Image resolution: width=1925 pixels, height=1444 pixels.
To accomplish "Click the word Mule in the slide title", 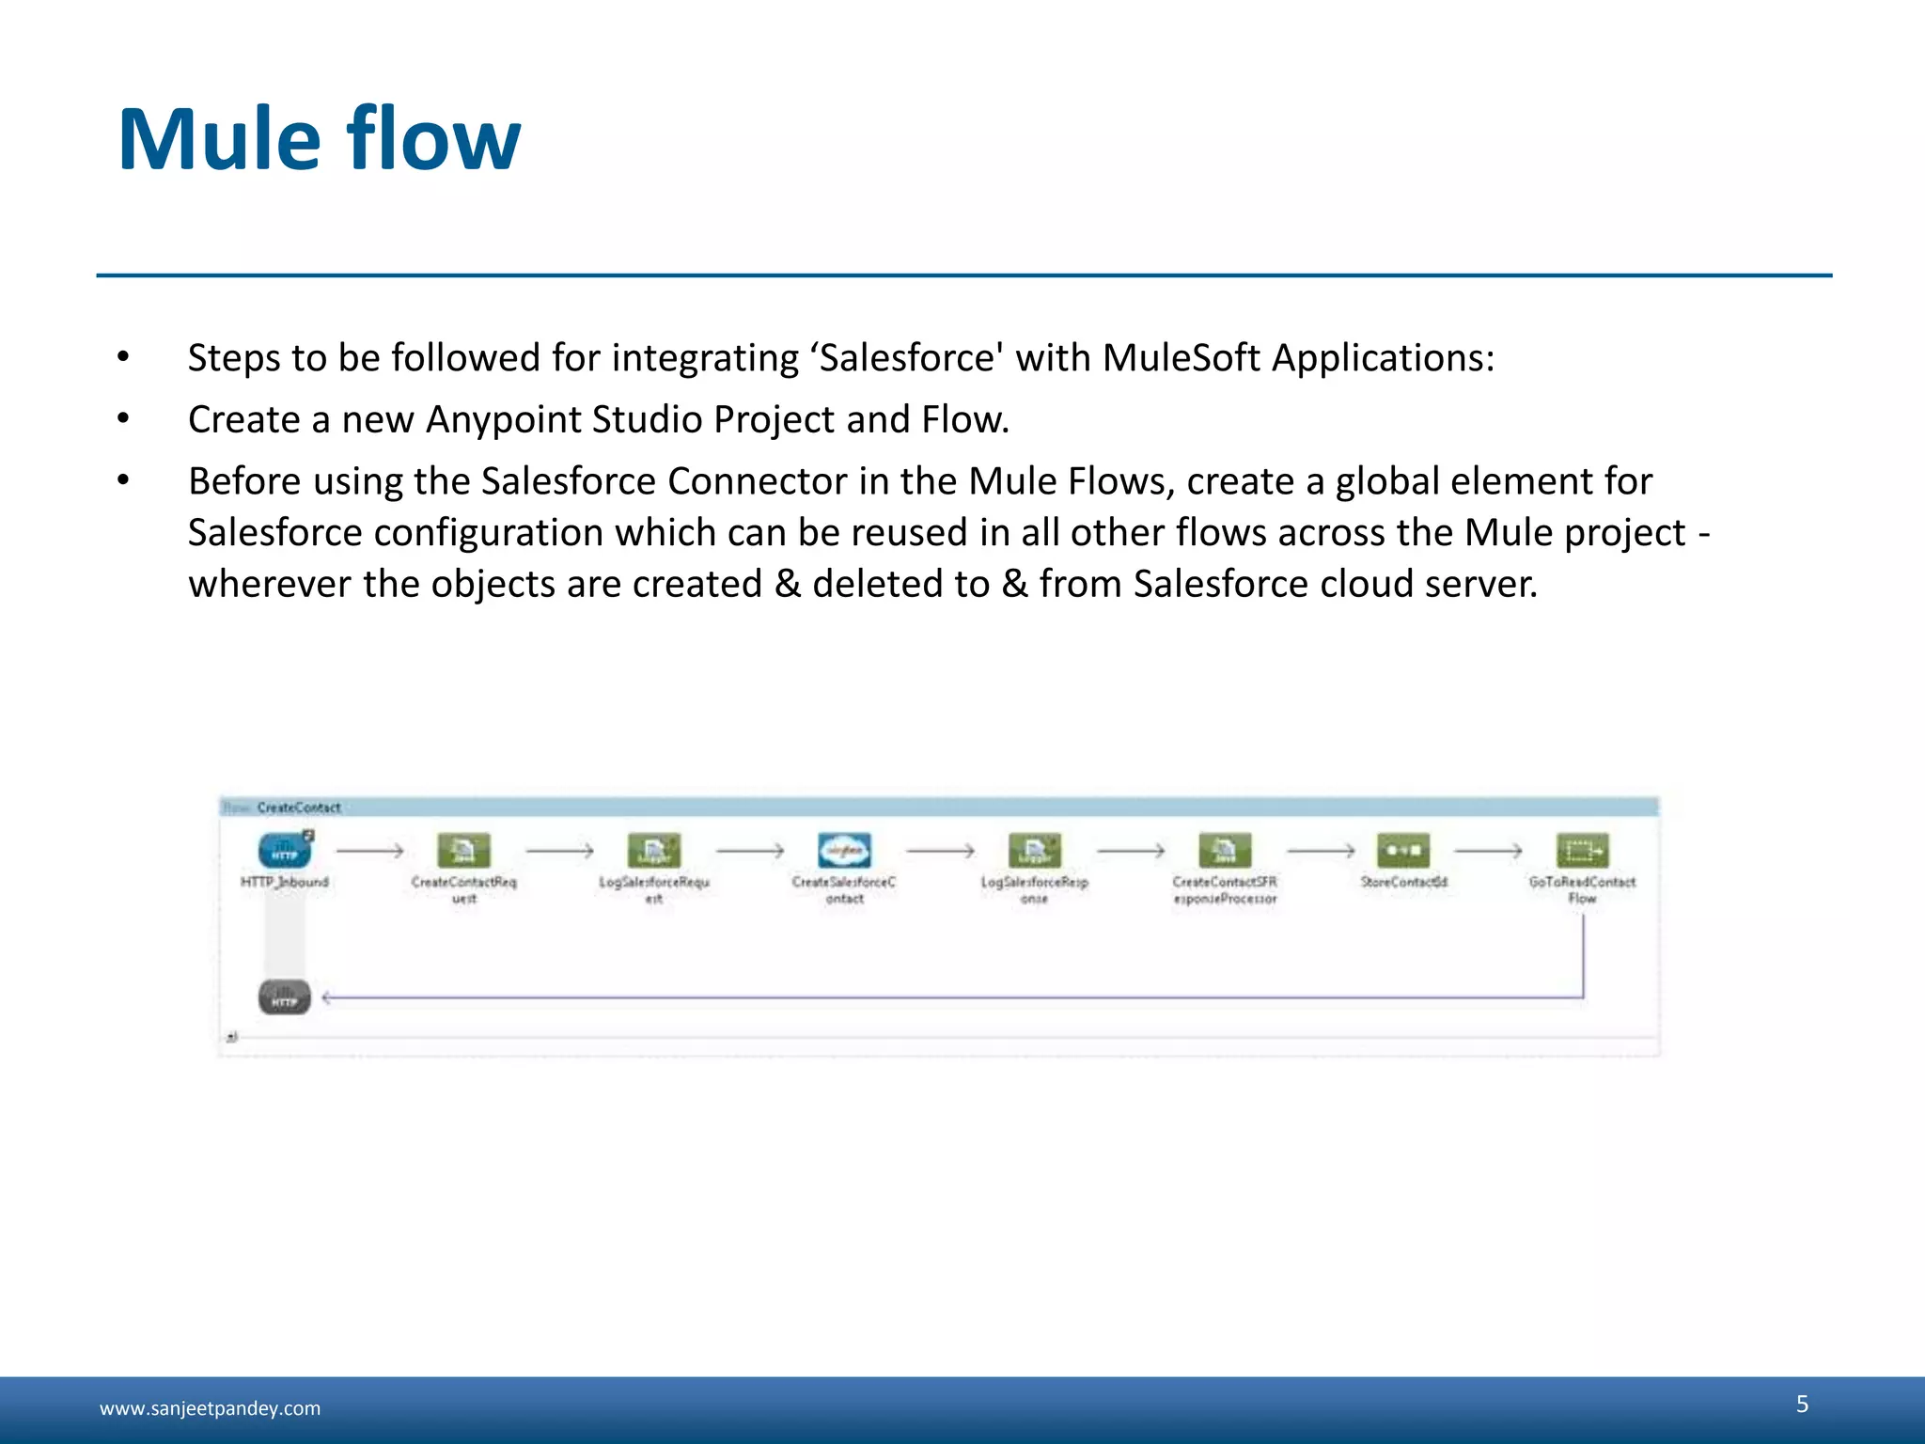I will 220,141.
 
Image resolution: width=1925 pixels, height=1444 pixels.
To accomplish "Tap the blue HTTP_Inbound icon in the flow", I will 284,851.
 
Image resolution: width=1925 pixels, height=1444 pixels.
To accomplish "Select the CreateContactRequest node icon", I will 463,851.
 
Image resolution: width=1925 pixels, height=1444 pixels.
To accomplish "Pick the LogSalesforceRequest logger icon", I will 654,851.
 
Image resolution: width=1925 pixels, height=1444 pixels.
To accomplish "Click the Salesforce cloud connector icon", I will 844,851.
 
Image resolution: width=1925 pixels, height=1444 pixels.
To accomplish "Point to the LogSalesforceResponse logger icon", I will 1034,851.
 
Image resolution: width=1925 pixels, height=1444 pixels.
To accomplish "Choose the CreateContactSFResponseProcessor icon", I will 1225,851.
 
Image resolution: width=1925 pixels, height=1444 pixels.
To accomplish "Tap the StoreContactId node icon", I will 1403,851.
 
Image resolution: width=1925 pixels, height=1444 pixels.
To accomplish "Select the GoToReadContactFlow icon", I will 1583,851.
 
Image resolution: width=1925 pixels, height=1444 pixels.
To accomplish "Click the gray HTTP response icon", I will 284,997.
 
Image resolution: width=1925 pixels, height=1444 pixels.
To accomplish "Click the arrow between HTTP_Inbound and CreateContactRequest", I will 369,851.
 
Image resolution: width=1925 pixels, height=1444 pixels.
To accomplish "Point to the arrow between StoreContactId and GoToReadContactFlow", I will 1488,851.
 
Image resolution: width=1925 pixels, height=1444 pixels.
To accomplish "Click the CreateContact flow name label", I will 298,808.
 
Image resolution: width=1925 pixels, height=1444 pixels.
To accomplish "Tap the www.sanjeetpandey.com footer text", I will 210,1408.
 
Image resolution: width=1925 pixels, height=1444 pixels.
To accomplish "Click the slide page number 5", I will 1802,1404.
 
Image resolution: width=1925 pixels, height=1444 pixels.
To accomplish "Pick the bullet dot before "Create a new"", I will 123,419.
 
